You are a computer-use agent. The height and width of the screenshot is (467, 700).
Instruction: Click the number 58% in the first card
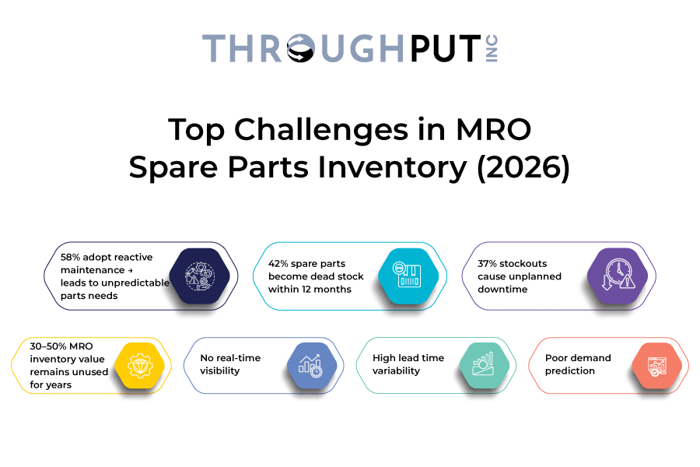(x=72, y=258)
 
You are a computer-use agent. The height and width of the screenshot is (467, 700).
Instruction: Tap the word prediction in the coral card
(x=570, y=371)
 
